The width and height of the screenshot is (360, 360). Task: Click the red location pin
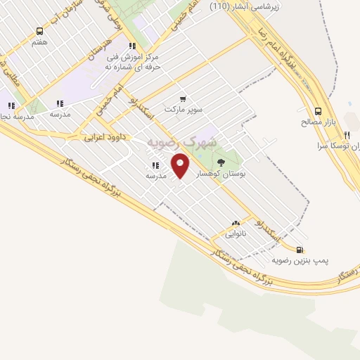click(181, 166)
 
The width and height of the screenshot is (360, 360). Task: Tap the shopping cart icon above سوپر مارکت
click(183, 98)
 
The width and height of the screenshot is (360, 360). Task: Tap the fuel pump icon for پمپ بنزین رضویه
click(300, 249)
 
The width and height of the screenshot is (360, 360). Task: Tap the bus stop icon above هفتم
click(39, 32)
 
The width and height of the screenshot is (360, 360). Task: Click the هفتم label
click(39, 42)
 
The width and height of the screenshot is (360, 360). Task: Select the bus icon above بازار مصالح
click(319, 111)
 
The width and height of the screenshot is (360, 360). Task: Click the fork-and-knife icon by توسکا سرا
click(347, 136)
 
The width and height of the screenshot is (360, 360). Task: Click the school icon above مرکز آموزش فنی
click(132, 46)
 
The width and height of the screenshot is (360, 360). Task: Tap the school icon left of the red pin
click(155, 166)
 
